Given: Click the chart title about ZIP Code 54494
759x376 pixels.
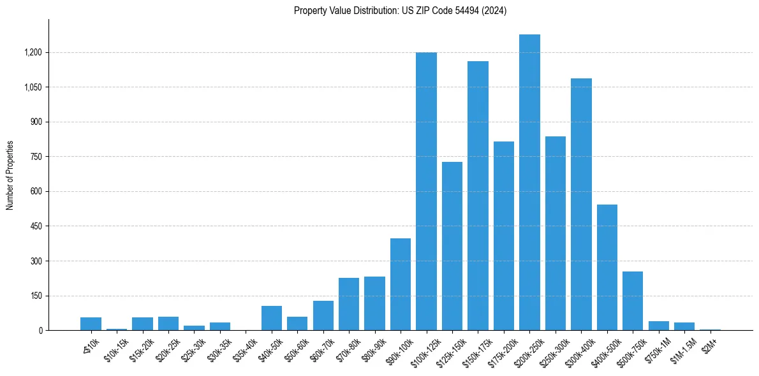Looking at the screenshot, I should point(400,11).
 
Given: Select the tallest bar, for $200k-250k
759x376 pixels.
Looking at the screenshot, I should point(529,182).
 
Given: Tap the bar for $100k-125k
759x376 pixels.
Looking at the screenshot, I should point(426,191).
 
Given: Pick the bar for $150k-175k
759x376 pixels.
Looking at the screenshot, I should point(478,196).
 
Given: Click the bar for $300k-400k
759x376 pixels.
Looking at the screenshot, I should point(581,204).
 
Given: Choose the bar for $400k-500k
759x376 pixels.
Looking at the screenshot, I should point(607,268).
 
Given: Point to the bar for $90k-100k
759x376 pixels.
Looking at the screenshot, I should point(401,284).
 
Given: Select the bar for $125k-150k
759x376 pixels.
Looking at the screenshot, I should point(452,246).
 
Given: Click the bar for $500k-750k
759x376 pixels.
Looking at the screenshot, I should point(633,301).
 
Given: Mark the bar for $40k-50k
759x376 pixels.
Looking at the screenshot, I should point(272,318).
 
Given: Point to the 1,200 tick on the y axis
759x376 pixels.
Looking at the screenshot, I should point(33,52).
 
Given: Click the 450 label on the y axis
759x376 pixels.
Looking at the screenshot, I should point(36,226).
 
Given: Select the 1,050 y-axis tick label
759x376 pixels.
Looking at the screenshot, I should point(33,87).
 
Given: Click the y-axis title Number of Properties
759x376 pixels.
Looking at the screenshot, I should point(10,175).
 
